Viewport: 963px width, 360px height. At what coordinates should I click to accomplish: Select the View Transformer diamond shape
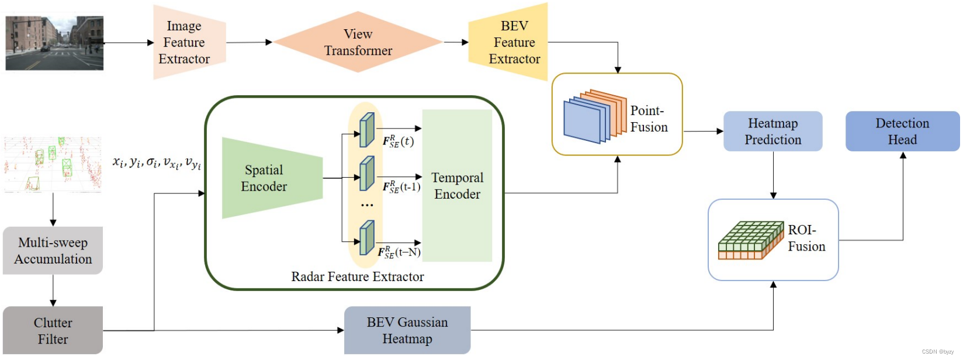point(358,42)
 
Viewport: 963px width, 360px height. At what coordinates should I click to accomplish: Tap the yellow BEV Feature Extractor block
point(510,42)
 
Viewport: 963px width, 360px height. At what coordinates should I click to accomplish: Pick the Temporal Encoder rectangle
point(457,186)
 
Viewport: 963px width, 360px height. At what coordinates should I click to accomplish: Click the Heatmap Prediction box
point(773,131)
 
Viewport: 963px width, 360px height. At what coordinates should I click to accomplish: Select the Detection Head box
point(902,131)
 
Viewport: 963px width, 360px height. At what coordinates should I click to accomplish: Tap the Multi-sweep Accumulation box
point(53,251)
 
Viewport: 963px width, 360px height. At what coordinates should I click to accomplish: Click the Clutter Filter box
point(53,331)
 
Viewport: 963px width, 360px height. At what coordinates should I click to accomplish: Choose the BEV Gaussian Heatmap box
point(407,331)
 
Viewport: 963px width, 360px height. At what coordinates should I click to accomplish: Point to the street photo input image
point(54,43)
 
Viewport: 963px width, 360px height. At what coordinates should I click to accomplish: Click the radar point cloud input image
point(53,165)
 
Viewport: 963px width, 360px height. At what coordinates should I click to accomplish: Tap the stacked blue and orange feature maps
point(594,117)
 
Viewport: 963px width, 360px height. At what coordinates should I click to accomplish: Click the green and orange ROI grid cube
point(750,240)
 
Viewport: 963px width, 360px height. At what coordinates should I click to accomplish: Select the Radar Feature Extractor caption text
point(358,277)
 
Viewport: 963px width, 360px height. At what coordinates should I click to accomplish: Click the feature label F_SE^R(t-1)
point(401,187)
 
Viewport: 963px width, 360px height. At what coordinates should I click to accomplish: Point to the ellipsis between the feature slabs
point(367,205)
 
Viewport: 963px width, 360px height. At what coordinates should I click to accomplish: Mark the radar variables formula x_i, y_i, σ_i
point(157,162)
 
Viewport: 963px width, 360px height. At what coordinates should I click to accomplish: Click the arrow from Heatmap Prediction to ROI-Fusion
point(773,175)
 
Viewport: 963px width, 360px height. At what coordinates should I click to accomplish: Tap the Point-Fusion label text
point(649,119)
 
